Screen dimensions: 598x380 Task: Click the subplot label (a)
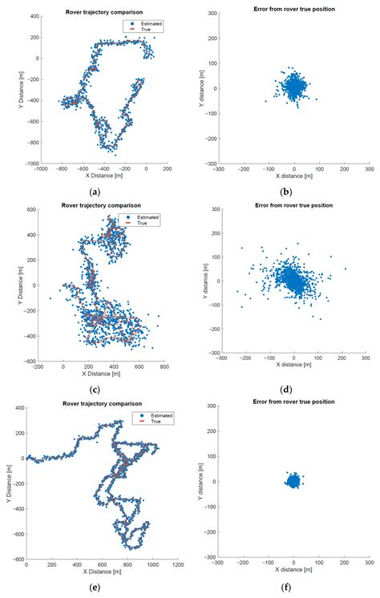(x=95, y=192)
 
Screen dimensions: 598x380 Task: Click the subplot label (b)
(x=293, y=192)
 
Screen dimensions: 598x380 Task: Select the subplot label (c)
(x=95, y=390)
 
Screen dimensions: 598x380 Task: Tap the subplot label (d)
(x=293, y=390)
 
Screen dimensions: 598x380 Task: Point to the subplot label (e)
(x=95, y=587)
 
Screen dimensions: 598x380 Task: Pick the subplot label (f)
(x=293, y=587)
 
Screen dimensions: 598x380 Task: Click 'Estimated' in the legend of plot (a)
(x=142, y=24)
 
